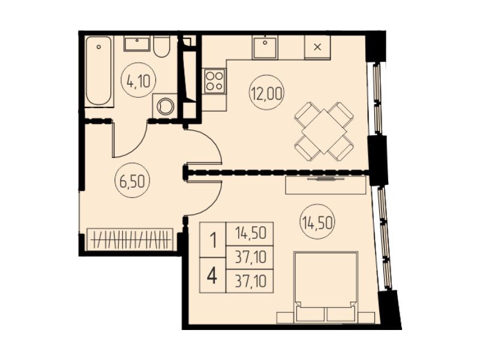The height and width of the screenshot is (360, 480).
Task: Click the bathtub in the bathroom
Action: pyautogui.click(x=98, y=71)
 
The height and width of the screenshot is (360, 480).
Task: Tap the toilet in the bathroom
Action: pyautogui.click(x=161, y=47)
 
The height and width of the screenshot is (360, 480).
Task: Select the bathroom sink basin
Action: pyautogui.click(x=137, y=43)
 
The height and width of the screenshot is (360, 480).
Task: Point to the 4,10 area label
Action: pyautogui.click(x=139, y=81)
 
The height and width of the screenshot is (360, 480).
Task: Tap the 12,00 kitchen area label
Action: pyautogui.click(x=267, y=93)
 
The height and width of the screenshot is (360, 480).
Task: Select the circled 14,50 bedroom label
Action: pyautogui.click(x=318, y=222)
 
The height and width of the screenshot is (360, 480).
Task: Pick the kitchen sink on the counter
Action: pyautogui.click(x=265, y=47)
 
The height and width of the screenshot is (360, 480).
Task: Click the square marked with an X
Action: pyautogui.click(x=318, y=47)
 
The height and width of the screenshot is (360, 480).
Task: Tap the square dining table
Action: pyautogui.click(x=324, y=131)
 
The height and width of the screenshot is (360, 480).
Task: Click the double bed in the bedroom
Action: pyautogui.click(x=326, y=287)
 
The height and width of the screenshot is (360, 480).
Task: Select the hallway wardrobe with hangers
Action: pyautogui.click(x=130, y=239)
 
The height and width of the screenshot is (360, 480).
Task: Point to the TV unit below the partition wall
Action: pyautogui.click(x=326, y=185)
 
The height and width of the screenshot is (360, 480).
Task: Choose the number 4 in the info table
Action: pyautogui.click(x=212, y=276)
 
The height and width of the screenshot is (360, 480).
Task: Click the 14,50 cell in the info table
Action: pyautogui.click(x=250, y=233)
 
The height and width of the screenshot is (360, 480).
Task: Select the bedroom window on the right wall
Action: pyautogui.click(x=384, y=238)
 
